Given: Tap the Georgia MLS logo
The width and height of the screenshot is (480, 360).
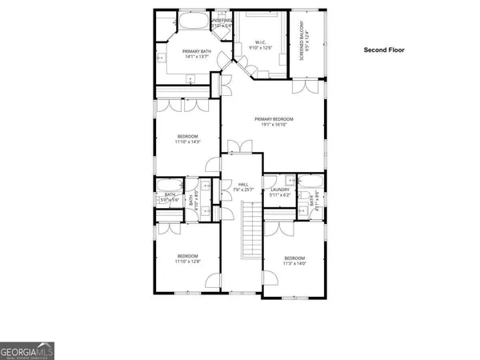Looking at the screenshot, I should pos(27,350).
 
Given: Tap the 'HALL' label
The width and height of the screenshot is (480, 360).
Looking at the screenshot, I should pos(242,185).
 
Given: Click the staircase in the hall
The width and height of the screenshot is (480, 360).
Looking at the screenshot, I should pos(251,232).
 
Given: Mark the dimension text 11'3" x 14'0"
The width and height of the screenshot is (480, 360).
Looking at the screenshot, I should pos(294,263).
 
